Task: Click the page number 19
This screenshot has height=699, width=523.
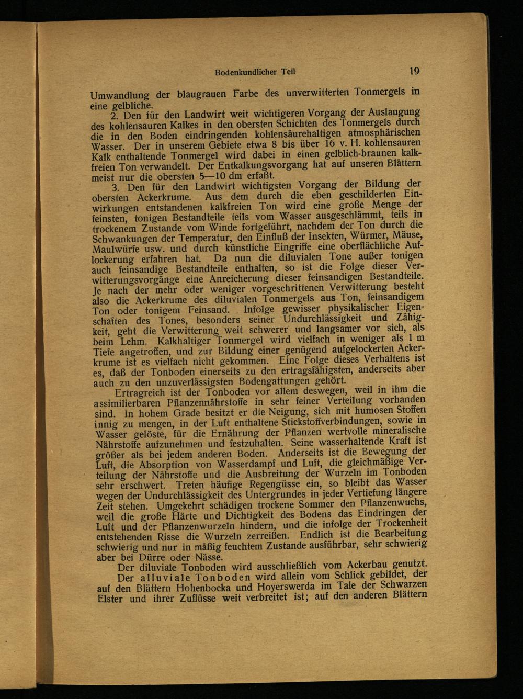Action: tap(415, 71)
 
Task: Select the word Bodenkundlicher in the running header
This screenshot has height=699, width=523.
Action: tap(243, 73)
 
